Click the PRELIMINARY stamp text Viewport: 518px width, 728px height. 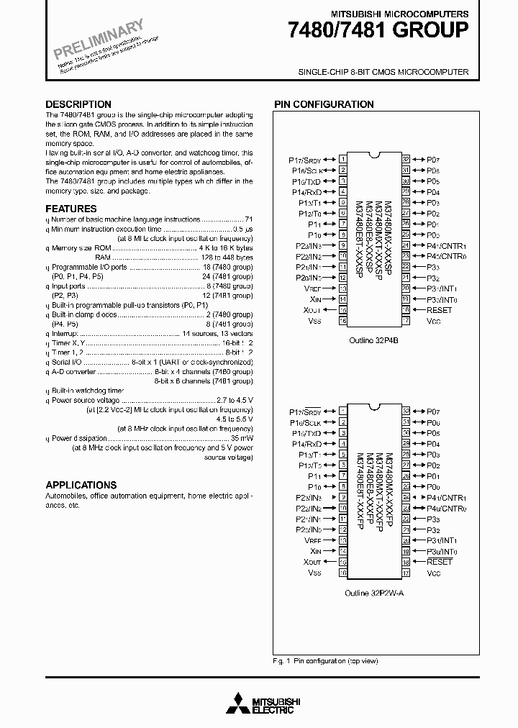pyautogui.click(x=99, y=40)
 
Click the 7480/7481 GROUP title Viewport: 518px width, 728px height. pyautogui.click(x=378, y=31)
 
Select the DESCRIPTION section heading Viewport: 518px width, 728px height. pyautogui.click(x=78, y=104)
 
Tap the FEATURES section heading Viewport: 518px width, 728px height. pyautogui.click(x=71, y=209)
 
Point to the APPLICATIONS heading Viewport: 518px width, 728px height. pyautogui.click(x=81, y=485)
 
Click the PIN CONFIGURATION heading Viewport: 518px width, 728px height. pyautogui.click(x=323, y=104)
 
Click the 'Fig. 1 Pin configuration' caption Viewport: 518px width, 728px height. pyautogui.click(x=325, y=660)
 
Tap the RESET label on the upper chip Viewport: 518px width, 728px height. pyautogui.click(x=439, y=310)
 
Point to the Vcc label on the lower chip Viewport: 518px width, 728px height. pyautogui.click(x=433, y=573)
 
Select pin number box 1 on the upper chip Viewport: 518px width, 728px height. pyautogui.click(x=343, y=159)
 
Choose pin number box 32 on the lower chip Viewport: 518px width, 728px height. pyautogui.click(x=406, y=411)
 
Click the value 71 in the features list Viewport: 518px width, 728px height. pyautogui.click(x=248, y=219)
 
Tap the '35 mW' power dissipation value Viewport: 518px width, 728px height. pyautogui.click(x=242, y=437)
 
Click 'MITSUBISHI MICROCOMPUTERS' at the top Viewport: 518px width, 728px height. pyautogui.click(x=399, y=14)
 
